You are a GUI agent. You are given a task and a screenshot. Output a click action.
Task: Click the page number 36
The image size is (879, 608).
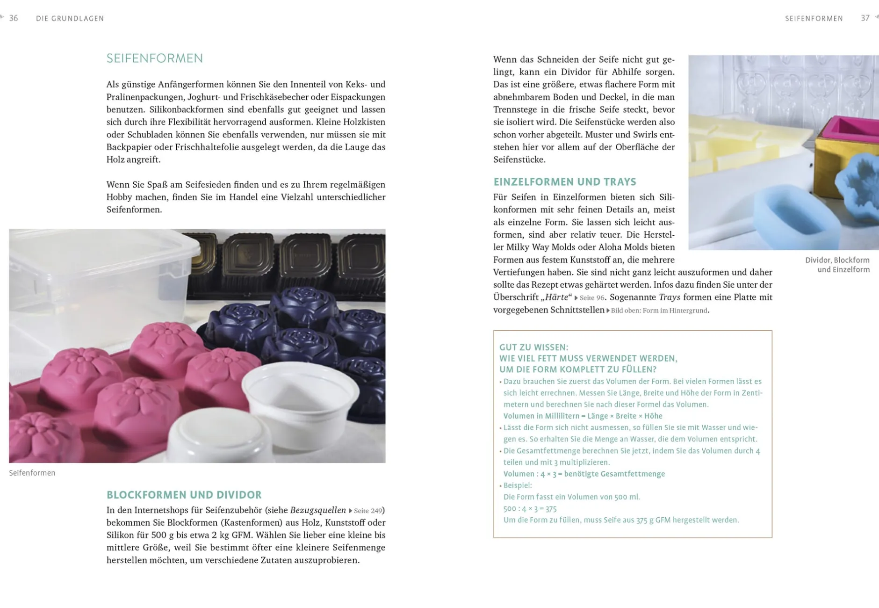14,18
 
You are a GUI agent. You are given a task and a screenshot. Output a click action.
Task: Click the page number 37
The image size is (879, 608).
865,18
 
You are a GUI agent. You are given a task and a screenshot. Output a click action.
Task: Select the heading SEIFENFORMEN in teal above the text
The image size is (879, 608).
155,58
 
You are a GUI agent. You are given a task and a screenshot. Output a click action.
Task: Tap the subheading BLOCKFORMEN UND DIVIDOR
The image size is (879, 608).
184,495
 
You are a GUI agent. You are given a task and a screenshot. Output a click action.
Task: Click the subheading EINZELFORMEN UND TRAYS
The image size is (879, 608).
565,182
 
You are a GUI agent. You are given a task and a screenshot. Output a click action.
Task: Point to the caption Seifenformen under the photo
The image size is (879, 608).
32,473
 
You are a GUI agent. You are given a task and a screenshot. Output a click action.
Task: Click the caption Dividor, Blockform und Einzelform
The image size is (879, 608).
837,265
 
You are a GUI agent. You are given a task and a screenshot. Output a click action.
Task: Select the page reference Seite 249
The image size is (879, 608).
368,511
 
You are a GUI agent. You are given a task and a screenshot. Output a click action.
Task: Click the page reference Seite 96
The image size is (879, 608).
592,297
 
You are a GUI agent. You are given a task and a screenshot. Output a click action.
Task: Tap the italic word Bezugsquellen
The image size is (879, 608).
318,510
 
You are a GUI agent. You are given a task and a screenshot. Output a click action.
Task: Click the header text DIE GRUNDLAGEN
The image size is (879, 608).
70,19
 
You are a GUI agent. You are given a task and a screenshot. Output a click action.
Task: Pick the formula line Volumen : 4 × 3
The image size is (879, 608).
584,474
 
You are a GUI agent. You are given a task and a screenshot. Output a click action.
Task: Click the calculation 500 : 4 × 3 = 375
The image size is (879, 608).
530,508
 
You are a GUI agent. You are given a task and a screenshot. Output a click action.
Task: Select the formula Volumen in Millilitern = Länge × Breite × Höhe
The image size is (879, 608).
583,416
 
